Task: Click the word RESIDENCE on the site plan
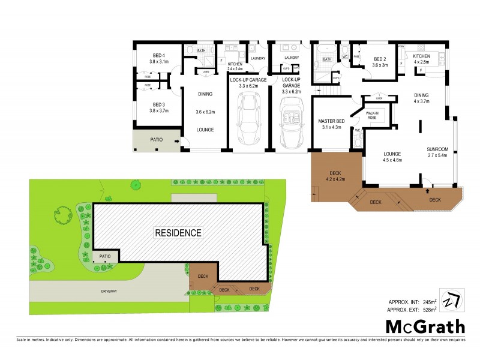178,232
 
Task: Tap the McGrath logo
424,327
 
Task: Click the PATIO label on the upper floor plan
157,140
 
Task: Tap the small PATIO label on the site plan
104,256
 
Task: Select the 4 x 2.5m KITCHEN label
421,59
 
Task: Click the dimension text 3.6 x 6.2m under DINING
205,112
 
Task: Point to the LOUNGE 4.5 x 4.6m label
392,157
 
